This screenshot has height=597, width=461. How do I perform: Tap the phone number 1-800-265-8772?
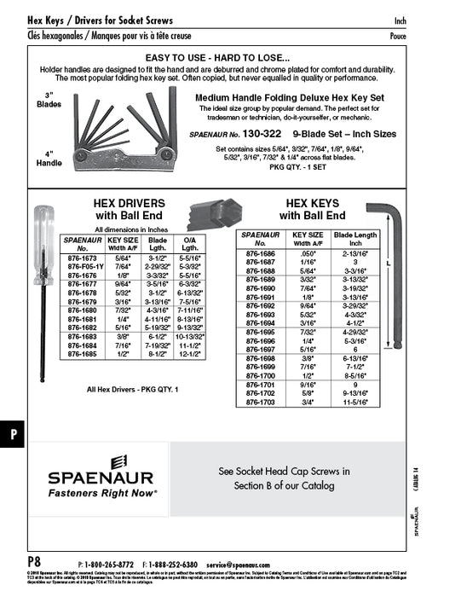coord(108,564)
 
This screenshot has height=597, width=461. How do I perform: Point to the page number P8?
coord(34,563)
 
